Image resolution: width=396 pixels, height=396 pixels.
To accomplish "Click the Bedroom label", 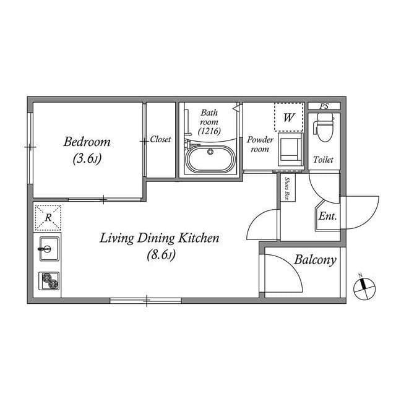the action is pyautogui.click(x=87, y=142).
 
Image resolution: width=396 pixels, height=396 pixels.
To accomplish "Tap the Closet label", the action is pyautogui.click(x=160, y=139).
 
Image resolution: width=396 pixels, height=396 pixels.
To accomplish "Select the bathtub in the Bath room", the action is pyautogui.click(x=210, y=159).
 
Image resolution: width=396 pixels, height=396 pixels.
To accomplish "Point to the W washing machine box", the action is pyautogui.click(x=289, y=117).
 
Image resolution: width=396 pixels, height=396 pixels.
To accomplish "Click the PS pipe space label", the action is pyautogui.click(x=324, y=106).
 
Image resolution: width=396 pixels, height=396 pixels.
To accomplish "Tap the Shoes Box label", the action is pyautogui.click(x=288, y=188).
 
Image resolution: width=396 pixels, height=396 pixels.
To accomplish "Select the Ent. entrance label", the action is pyautogui.click(x=327, y=216).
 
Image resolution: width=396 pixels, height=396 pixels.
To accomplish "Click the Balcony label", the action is pyautogui.click(x=315, y=260).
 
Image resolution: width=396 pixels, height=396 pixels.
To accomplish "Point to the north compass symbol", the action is pyautogui.click(x=364, y=288).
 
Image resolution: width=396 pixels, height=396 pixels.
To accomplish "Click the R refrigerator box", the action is pyautogui.click(x=48, y=218).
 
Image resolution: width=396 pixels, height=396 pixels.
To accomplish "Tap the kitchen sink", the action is pyautogui.click(x=49, y=249).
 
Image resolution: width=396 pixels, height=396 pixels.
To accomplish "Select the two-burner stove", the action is pyautogui.click(x=49, y=280).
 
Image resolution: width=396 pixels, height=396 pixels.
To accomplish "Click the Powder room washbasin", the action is pyautogui.click(x=290, y=149).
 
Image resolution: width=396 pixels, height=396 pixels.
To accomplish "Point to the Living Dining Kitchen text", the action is pyautogui.click(x=160, y=238).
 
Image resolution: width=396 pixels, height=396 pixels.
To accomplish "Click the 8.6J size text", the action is pyautogui.click(x=161, y=254).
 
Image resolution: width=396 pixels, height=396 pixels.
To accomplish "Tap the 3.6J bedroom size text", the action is pyautogui.click(x=87, y=159).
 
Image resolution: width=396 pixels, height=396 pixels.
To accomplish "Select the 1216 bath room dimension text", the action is pyautogui.click(x=209, y=131).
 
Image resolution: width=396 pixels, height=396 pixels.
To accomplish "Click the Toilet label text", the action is pyautogui.click(x=323, y=160).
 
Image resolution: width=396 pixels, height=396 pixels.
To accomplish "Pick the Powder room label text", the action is pyautogui.click(x=260, y=144).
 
